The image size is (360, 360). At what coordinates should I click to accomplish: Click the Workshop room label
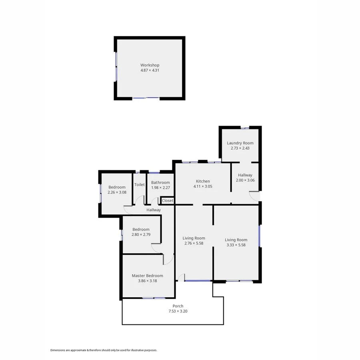(150, 65)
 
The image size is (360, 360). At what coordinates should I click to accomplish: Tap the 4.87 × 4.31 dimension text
(150, 70)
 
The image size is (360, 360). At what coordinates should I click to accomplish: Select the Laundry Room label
(240, 143)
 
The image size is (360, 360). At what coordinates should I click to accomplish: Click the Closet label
(168, 200)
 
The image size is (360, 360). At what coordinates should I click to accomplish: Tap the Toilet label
(139, 185)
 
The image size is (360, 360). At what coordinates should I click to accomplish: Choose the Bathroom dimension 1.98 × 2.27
(160, 188)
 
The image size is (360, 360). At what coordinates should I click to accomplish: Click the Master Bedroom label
(148, 276)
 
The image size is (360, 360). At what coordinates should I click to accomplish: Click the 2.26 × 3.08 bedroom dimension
(117, 192)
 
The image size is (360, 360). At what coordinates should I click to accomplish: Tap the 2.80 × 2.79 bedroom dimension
(141, 234)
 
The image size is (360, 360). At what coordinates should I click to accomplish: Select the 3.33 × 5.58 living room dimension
(236, 245)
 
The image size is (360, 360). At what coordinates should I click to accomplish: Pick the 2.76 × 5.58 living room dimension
(194, 243)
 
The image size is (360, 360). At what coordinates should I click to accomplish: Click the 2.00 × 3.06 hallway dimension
(245, 180)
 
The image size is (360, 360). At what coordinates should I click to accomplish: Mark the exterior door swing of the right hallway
(254, 196)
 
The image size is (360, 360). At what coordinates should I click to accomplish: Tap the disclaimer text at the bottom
(104, 350)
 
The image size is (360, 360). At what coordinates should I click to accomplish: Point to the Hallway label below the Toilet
(154, 210)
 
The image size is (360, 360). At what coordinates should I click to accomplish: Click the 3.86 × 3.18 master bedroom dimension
(148, 281)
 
